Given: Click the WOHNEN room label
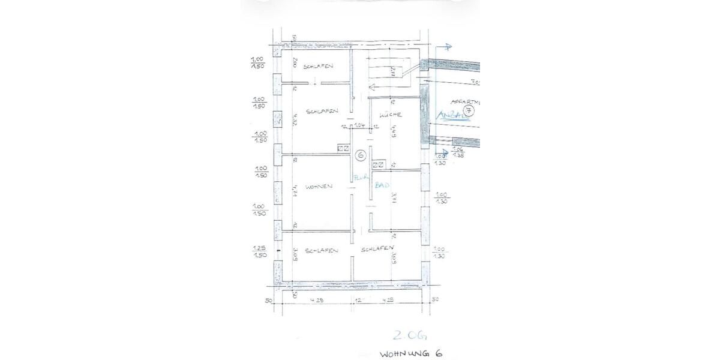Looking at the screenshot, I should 319,187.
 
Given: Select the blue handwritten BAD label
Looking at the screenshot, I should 382,186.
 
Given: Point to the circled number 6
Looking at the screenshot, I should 360,155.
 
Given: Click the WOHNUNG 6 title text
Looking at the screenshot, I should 411,353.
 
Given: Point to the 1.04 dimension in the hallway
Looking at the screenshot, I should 360,126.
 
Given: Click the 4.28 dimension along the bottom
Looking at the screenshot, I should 317,299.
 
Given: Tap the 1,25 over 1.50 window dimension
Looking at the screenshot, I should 260,251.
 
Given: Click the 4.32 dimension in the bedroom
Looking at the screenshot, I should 295,121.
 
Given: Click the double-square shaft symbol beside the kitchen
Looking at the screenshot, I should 379,164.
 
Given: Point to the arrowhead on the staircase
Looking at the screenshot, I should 373,86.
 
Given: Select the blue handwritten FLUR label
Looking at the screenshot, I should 360,177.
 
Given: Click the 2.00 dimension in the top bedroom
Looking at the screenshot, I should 295,62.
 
